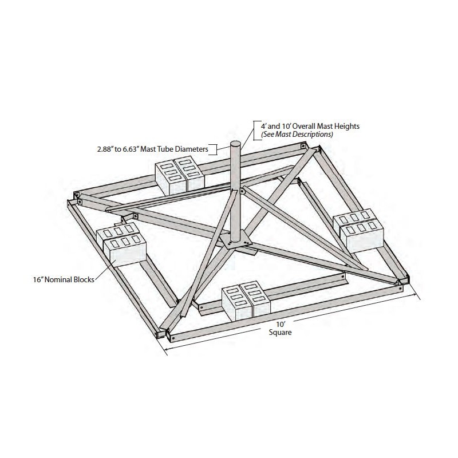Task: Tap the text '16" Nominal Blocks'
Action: [64, 279]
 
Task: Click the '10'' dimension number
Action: [281, 324]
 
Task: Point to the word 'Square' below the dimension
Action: [280, 333]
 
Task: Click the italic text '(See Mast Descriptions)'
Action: [297, 135]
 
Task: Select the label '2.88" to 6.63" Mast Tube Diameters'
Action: [152, 149]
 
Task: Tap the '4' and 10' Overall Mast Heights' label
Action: [310, 126]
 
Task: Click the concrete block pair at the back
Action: [180, 176]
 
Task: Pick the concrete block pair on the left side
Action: [121, 244]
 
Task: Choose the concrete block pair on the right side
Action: [358, 231]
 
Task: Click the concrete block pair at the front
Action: [246, 301]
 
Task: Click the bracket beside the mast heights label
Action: [256, 131]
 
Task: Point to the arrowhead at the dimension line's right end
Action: [414, 295]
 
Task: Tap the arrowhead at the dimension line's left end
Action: [167, 349]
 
